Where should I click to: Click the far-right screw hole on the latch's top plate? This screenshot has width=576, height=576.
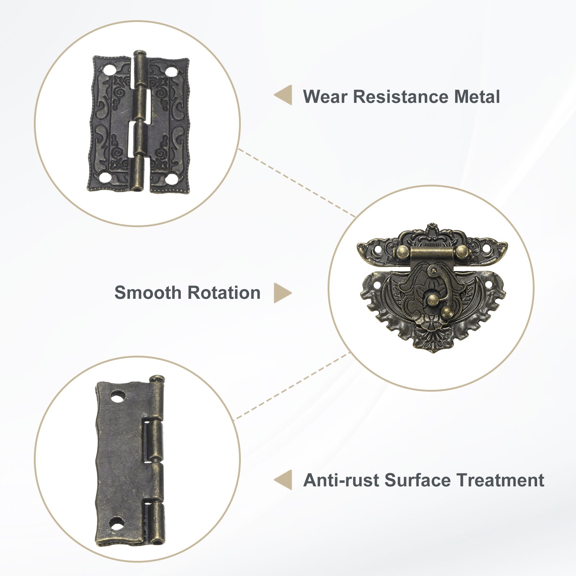[x=487, y=249]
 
